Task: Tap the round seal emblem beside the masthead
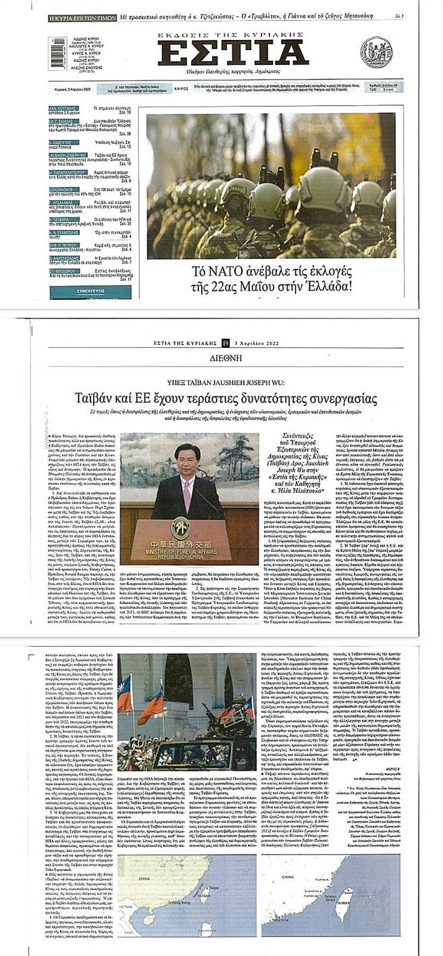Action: [x=376, y=52]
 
